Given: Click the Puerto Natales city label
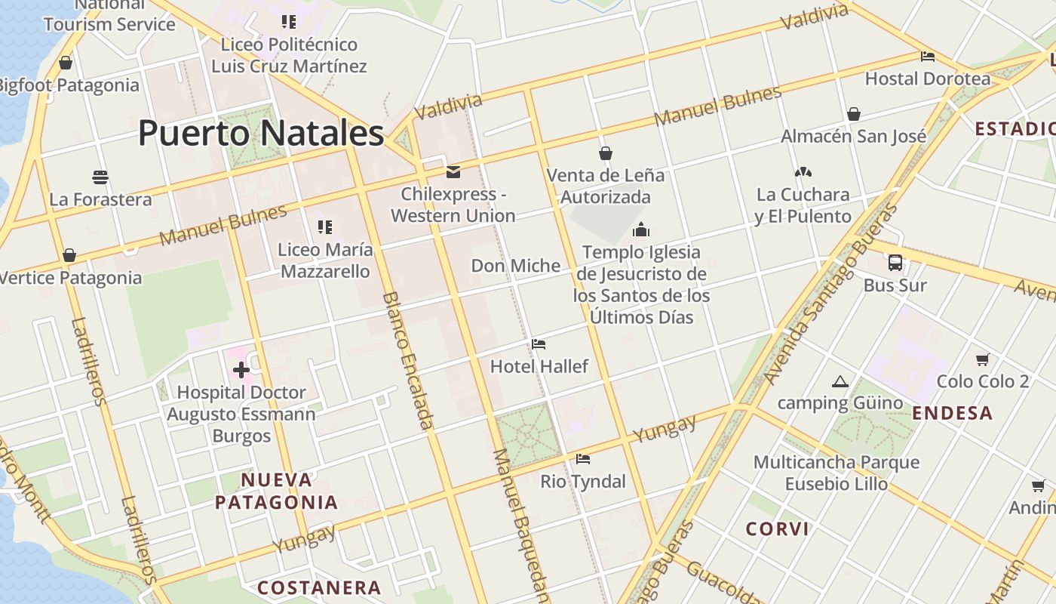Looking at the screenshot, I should coord(261,134).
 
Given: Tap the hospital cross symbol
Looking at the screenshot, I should coord(241,370).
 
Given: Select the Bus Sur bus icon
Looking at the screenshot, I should coord(895,263).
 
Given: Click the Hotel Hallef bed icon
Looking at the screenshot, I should coord(539,344).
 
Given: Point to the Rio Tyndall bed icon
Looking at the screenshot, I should coord(583,458).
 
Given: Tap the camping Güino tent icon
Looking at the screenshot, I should coord(840,381).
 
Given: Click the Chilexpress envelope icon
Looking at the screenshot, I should coord(453,172).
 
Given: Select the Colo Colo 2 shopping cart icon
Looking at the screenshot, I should coord(982,360).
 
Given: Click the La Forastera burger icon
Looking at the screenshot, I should coord(100,177).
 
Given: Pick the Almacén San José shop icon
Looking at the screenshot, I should coord(854,114).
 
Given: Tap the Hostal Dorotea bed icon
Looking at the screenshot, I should coord(928,57).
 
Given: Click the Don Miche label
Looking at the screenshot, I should coord(516,266).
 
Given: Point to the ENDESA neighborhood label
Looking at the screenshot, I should coord(952,413).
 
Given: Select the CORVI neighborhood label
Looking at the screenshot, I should coord(777,528).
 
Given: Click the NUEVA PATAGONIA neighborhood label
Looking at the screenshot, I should coord(276,491).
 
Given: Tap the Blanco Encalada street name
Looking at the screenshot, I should coord(408,361).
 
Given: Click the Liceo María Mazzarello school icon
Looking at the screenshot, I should coord(325,226).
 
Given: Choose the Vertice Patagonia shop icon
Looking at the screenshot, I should coord(69,255).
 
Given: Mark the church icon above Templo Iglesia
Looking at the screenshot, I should coord(641,230).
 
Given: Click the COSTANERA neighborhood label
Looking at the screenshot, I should coord(319,587).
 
